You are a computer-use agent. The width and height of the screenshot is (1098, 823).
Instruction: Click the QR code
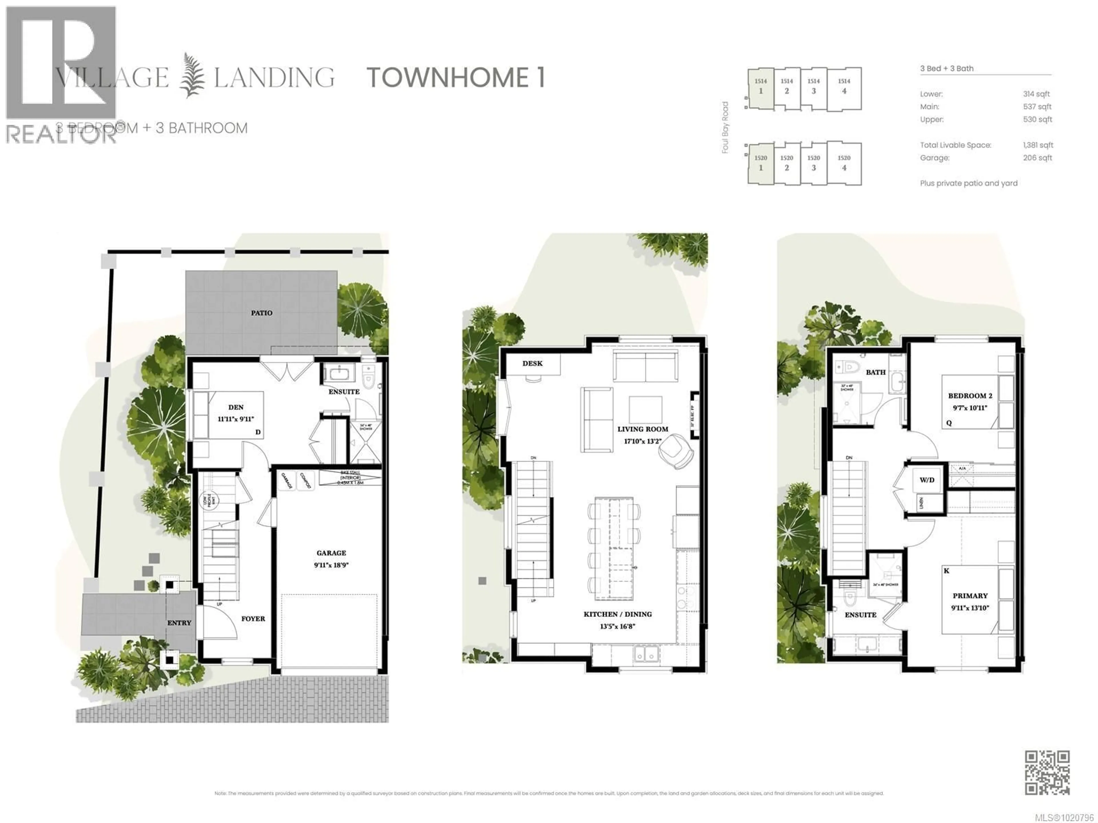[1047, 772]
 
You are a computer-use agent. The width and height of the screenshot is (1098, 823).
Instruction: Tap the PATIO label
[262, 313]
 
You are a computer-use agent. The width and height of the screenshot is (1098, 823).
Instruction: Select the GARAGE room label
[331, 553]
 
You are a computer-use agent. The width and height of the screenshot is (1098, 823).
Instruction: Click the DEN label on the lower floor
[236, 407]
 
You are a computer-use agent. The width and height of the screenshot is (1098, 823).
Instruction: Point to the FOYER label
[253, 619]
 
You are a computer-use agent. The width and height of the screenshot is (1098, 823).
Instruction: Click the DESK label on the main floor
[532, 363]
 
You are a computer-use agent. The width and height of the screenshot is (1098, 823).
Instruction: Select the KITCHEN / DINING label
[618, 614]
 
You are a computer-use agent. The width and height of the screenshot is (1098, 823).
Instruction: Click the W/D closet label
[927, 480]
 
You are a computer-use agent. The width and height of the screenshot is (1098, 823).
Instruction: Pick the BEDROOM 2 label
[970, 396]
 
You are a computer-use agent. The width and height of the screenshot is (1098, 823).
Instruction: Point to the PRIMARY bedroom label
[970, 596]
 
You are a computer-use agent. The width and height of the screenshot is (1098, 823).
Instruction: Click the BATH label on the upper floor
[876, 372]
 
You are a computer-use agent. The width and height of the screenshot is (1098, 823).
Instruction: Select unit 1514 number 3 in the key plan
[813, 86]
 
